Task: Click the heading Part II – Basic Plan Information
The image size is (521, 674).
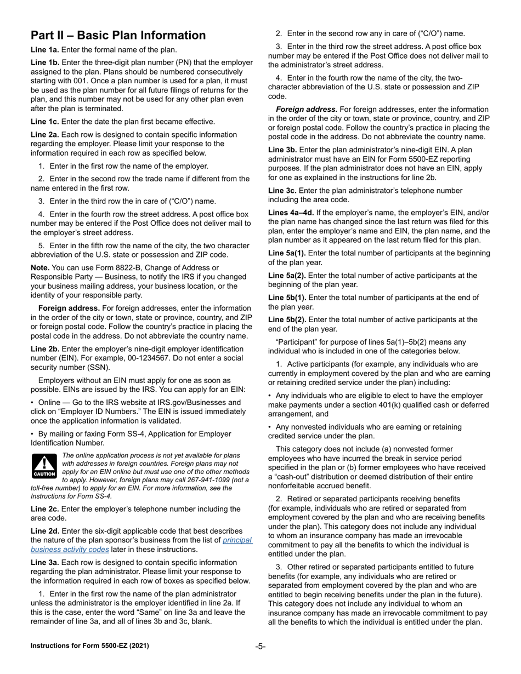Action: pos(118,36)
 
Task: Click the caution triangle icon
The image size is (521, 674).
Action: pos(44,465)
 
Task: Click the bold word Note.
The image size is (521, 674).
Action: pos(40,267)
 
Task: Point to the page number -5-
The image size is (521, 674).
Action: pos(260,646)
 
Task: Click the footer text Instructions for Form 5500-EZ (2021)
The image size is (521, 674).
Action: pos(89,646)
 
